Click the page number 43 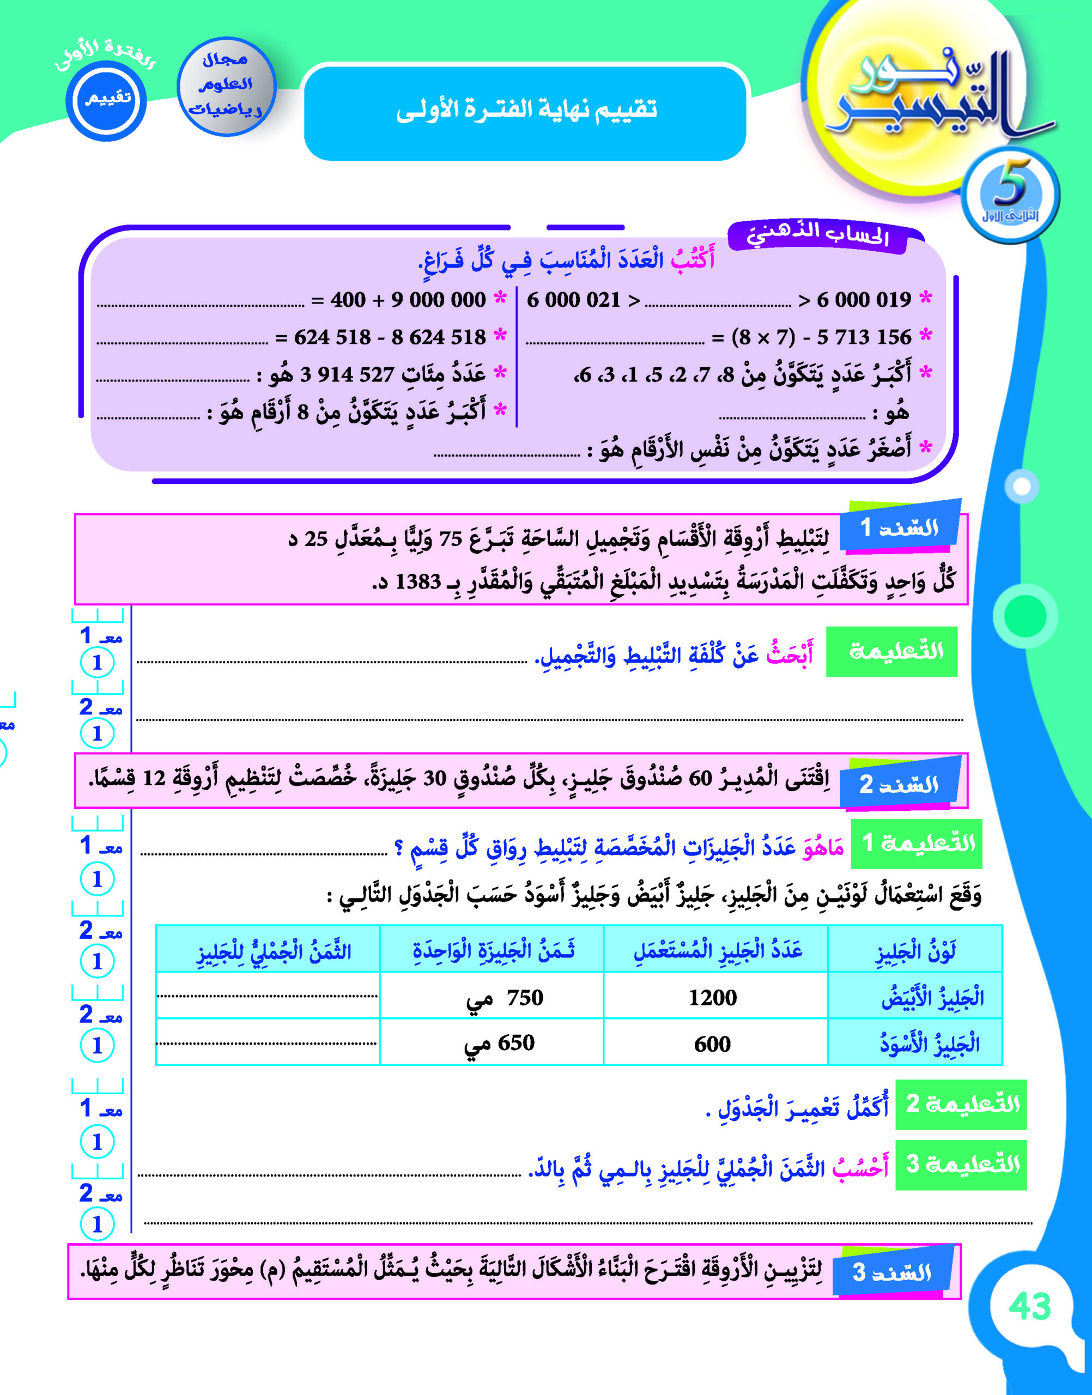tap(1029, 1306)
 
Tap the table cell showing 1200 tap(712, 998)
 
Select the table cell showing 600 tap(712, 1045)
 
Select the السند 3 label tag tap(892, 1272)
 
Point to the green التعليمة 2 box tap(961, 1104)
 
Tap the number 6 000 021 tap(573, 300)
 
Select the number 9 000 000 tap(439, 300)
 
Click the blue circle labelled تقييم tap(106, 99)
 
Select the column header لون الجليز tap(915, 953)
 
